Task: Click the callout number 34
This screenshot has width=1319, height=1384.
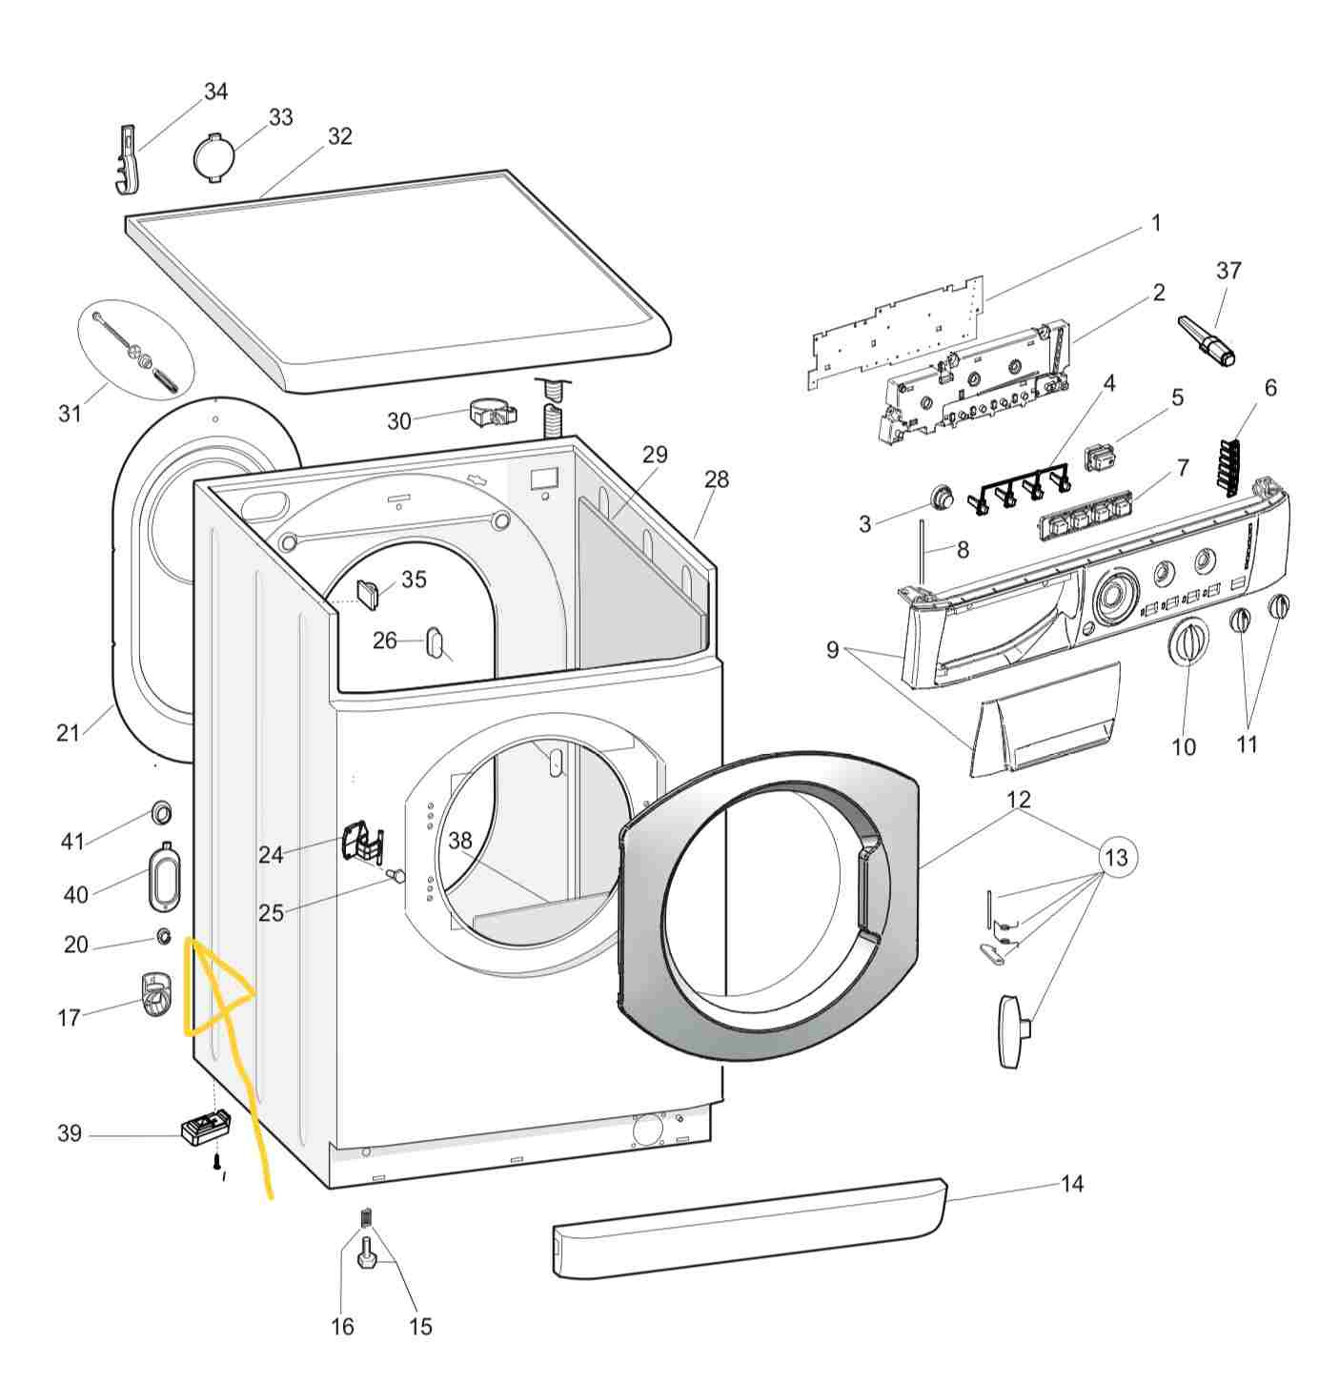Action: (x=216, y=92)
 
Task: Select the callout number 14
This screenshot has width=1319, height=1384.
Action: (x=1072, y=1184)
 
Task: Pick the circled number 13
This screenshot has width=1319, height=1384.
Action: (x=1116, y=857)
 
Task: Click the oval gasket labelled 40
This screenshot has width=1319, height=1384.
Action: (x=163, y=874)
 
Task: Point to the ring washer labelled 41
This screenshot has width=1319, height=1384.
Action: (x=161, y=814)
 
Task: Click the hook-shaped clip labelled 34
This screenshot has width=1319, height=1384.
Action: (x=129, y=158)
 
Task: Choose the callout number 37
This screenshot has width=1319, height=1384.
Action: (x=1228, y=271)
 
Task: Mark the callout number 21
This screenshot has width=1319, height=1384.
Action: (x=68, y=732)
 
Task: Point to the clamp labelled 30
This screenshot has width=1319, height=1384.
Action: (x=492, y=414)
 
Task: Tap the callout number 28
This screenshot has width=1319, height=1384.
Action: (x=717, y=479)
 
